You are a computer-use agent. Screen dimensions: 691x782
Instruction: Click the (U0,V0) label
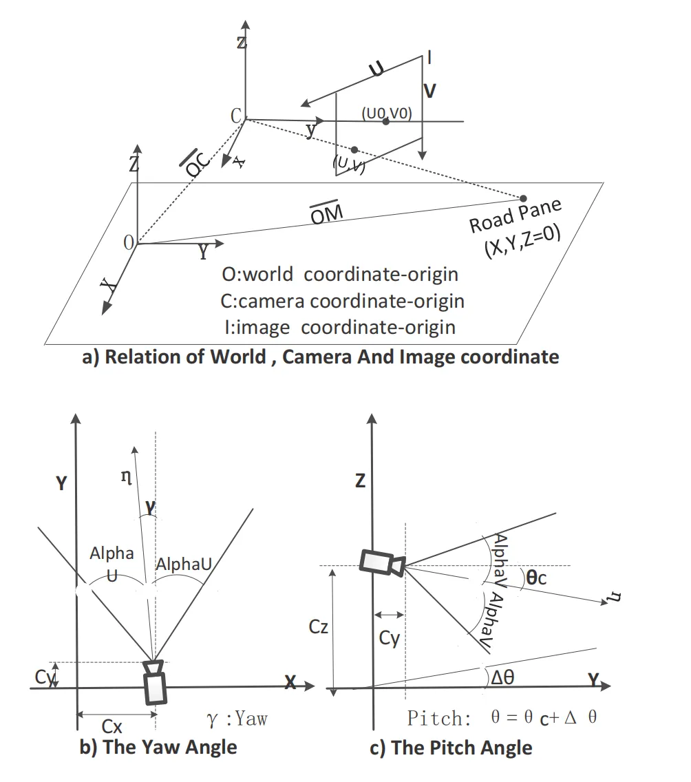coord(387,113)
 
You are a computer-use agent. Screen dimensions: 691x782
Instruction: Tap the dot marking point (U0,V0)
coord(386,121)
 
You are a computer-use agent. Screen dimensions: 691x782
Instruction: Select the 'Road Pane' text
coord(515,215)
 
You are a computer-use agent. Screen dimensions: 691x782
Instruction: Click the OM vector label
coord(326,213)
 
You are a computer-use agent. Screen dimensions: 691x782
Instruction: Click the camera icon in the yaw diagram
coord(155,681)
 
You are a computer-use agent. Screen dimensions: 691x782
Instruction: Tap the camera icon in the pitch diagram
coord(383,562)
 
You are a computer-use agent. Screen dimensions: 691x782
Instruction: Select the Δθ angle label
coord(502,677)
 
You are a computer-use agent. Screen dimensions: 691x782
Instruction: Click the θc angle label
coord(536,578)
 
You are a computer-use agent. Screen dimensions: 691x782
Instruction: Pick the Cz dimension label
coord(318,626)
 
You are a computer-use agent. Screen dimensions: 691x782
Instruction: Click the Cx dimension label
coord(111,726)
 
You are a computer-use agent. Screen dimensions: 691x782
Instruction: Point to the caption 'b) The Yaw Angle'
coord(158,747)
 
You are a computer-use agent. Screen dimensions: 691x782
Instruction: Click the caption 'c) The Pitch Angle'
coord(451,748)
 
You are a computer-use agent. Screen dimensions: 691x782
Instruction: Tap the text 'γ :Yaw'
coord(237,719)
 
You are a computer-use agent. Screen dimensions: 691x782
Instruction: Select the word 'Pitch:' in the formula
coord(439,718)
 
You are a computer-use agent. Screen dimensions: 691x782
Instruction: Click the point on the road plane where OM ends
coord(523,198)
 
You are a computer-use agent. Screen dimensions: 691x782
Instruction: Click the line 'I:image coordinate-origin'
coord(340,327)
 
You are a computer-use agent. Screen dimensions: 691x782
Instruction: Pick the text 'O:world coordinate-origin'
coord(340,274)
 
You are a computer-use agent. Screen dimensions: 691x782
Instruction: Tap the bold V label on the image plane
coord(429,92)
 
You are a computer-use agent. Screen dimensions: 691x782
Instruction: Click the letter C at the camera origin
coord(236,116)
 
